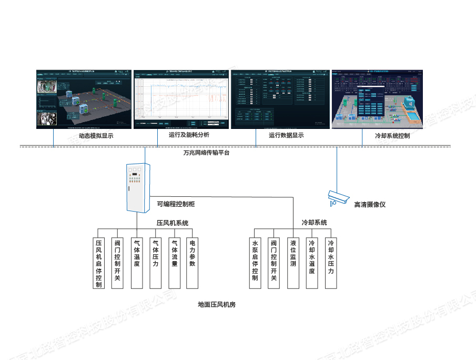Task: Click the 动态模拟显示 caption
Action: coord(96,136)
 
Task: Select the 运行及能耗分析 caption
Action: coord(189,135)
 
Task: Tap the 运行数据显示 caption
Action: coord(286,135)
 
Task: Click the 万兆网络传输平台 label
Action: coord(206,153)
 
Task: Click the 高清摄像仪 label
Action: coord(370,204)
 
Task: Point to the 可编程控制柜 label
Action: coord(176,204)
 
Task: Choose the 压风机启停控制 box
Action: coord(99,263)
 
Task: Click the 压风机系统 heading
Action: coord(172,223)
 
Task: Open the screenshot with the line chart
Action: coord(181,99)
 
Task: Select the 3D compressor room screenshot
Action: coord(83,99)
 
